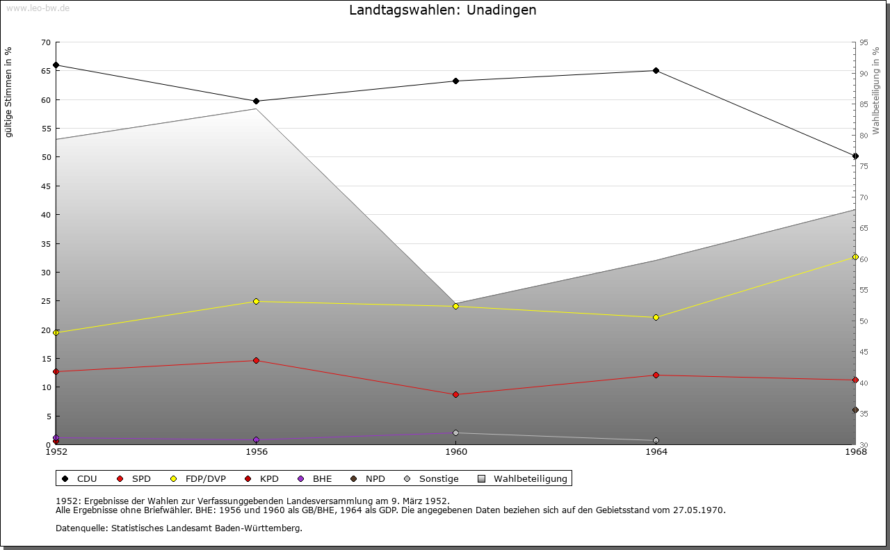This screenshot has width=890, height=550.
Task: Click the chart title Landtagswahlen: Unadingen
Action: click(x=443, y=10)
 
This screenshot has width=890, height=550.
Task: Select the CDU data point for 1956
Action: click(x=256, y=102)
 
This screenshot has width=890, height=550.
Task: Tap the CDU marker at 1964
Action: click(x=656, y=71)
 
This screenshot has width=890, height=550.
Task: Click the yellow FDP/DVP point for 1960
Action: click(x=455, y=307)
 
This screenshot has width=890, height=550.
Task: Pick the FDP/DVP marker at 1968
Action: click(x=855, y=257)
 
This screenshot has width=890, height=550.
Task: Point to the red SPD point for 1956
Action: click(x=256, y=361)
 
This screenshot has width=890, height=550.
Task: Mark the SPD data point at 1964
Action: click(x=656, y=375)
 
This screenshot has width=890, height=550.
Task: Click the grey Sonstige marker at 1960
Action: click(x=455, y=433)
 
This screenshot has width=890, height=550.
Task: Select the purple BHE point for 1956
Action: click(x=256, y=440)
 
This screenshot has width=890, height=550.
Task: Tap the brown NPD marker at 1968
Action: click(x=855, y=410)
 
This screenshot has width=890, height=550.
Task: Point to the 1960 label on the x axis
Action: click(x=455, y=452)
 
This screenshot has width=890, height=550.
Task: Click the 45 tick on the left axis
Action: click(x=46, y=186)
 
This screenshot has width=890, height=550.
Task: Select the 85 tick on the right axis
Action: click(x=864, y=105)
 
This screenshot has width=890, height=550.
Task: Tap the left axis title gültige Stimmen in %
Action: click(x=9, y=92)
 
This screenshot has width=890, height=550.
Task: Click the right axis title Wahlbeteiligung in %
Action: click(x=876, y=91)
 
